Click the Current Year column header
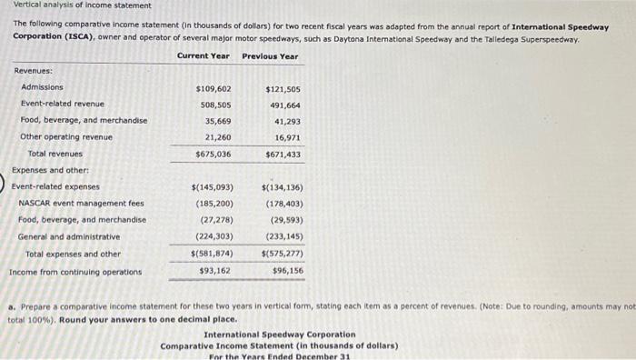point(204,56)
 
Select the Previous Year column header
point(270,56)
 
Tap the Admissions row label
point(42,87)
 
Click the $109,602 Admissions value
point(214,88)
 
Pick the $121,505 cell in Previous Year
point(283,89)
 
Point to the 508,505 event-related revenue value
point(215,105)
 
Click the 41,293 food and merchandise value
point(286,121)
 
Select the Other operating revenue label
point(66,137)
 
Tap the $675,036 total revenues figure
point(214,155)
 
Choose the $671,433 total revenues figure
point(283,155)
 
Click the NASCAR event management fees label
point(81,203)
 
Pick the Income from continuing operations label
point(75,272)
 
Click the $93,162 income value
point(214,270)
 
